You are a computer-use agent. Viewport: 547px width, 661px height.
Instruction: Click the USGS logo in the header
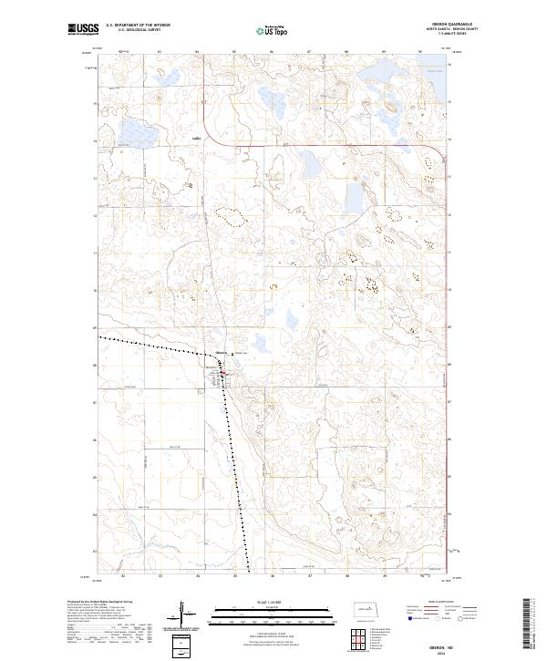83,30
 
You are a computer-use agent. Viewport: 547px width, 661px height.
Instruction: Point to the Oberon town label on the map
222,352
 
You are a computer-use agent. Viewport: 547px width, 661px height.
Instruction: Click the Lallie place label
196,139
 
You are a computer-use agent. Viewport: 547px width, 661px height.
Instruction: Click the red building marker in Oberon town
222,372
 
